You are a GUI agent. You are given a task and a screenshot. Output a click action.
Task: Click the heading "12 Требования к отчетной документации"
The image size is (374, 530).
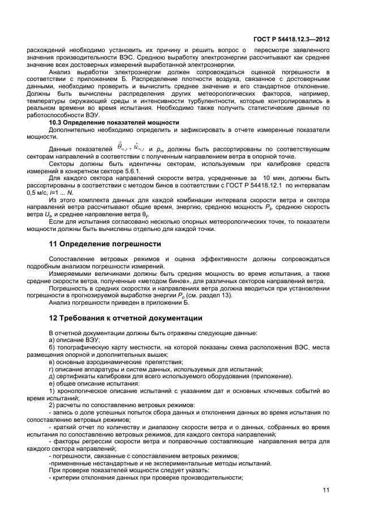[x=126, y=318]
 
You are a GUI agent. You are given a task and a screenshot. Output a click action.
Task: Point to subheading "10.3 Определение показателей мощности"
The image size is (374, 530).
[x=114, y=122]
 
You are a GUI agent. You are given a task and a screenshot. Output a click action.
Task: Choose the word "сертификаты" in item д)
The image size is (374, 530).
[x=76, y=376]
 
